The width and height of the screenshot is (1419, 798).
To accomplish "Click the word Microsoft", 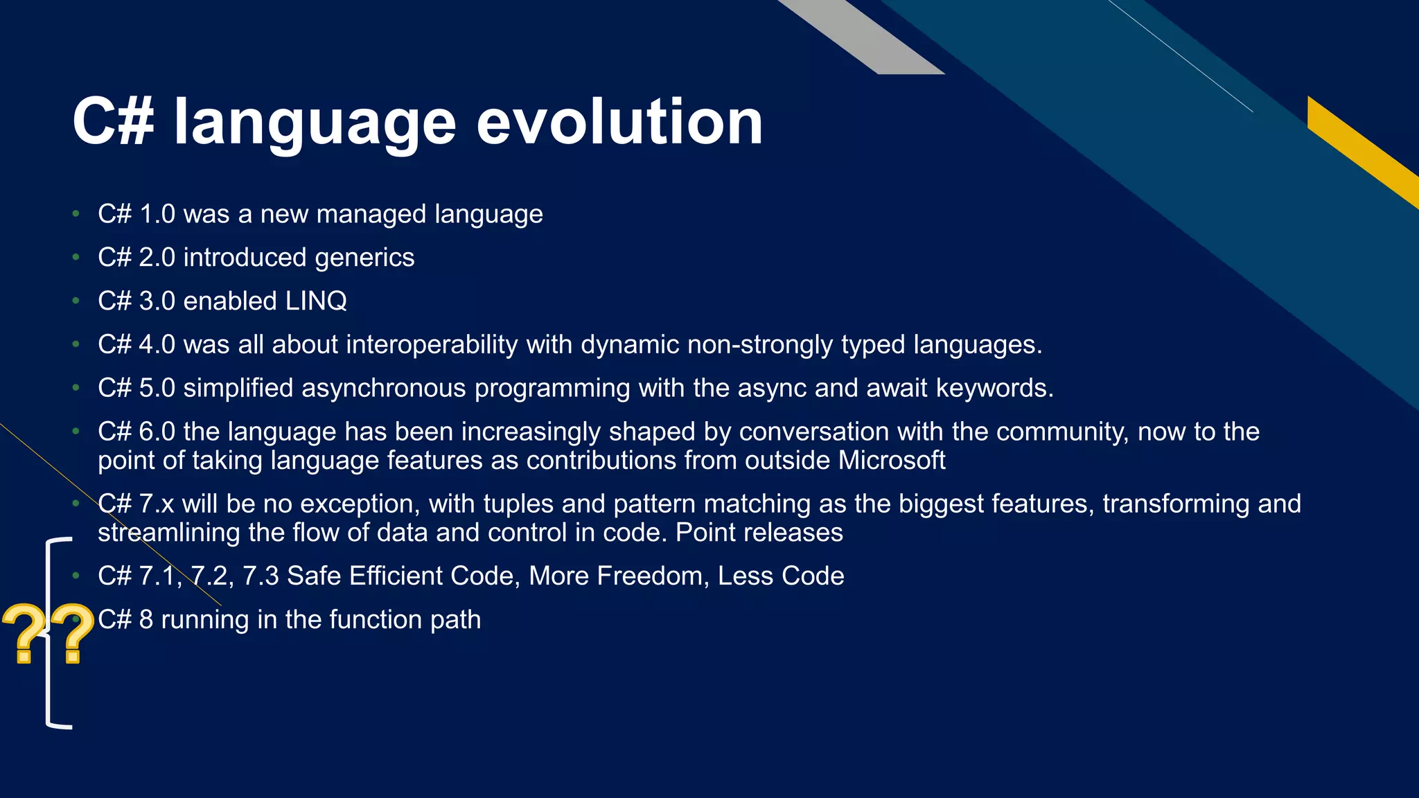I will [892, 460].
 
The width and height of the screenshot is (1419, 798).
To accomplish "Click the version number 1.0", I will [157, 214].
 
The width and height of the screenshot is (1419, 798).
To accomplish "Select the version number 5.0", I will [157, 388].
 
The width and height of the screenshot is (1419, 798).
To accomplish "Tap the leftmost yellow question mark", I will [24, 632].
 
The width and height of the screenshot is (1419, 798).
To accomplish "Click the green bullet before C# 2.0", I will [76, 258].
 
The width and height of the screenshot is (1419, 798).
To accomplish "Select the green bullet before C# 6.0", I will [76, 432].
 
